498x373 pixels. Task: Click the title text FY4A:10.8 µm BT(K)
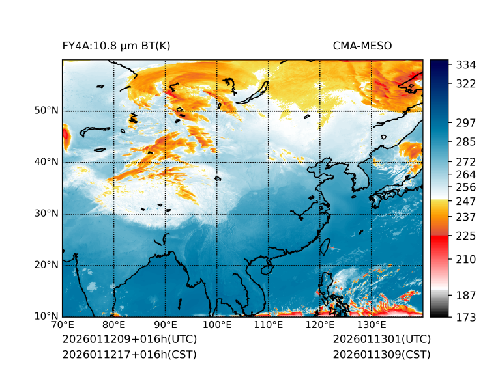(116, 46)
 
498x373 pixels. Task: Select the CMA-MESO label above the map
(362, 46)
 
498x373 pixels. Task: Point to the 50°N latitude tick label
(46, 111)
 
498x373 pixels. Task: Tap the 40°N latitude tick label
(46, 162)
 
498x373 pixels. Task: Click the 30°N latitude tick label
(46, 214)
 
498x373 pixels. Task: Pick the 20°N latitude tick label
(46, 265)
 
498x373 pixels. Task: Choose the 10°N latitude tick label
(46, 316)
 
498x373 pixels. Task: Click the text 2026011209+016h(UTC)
(129, 340)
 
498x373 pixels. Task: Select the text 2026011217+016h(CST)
(129, 355)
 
